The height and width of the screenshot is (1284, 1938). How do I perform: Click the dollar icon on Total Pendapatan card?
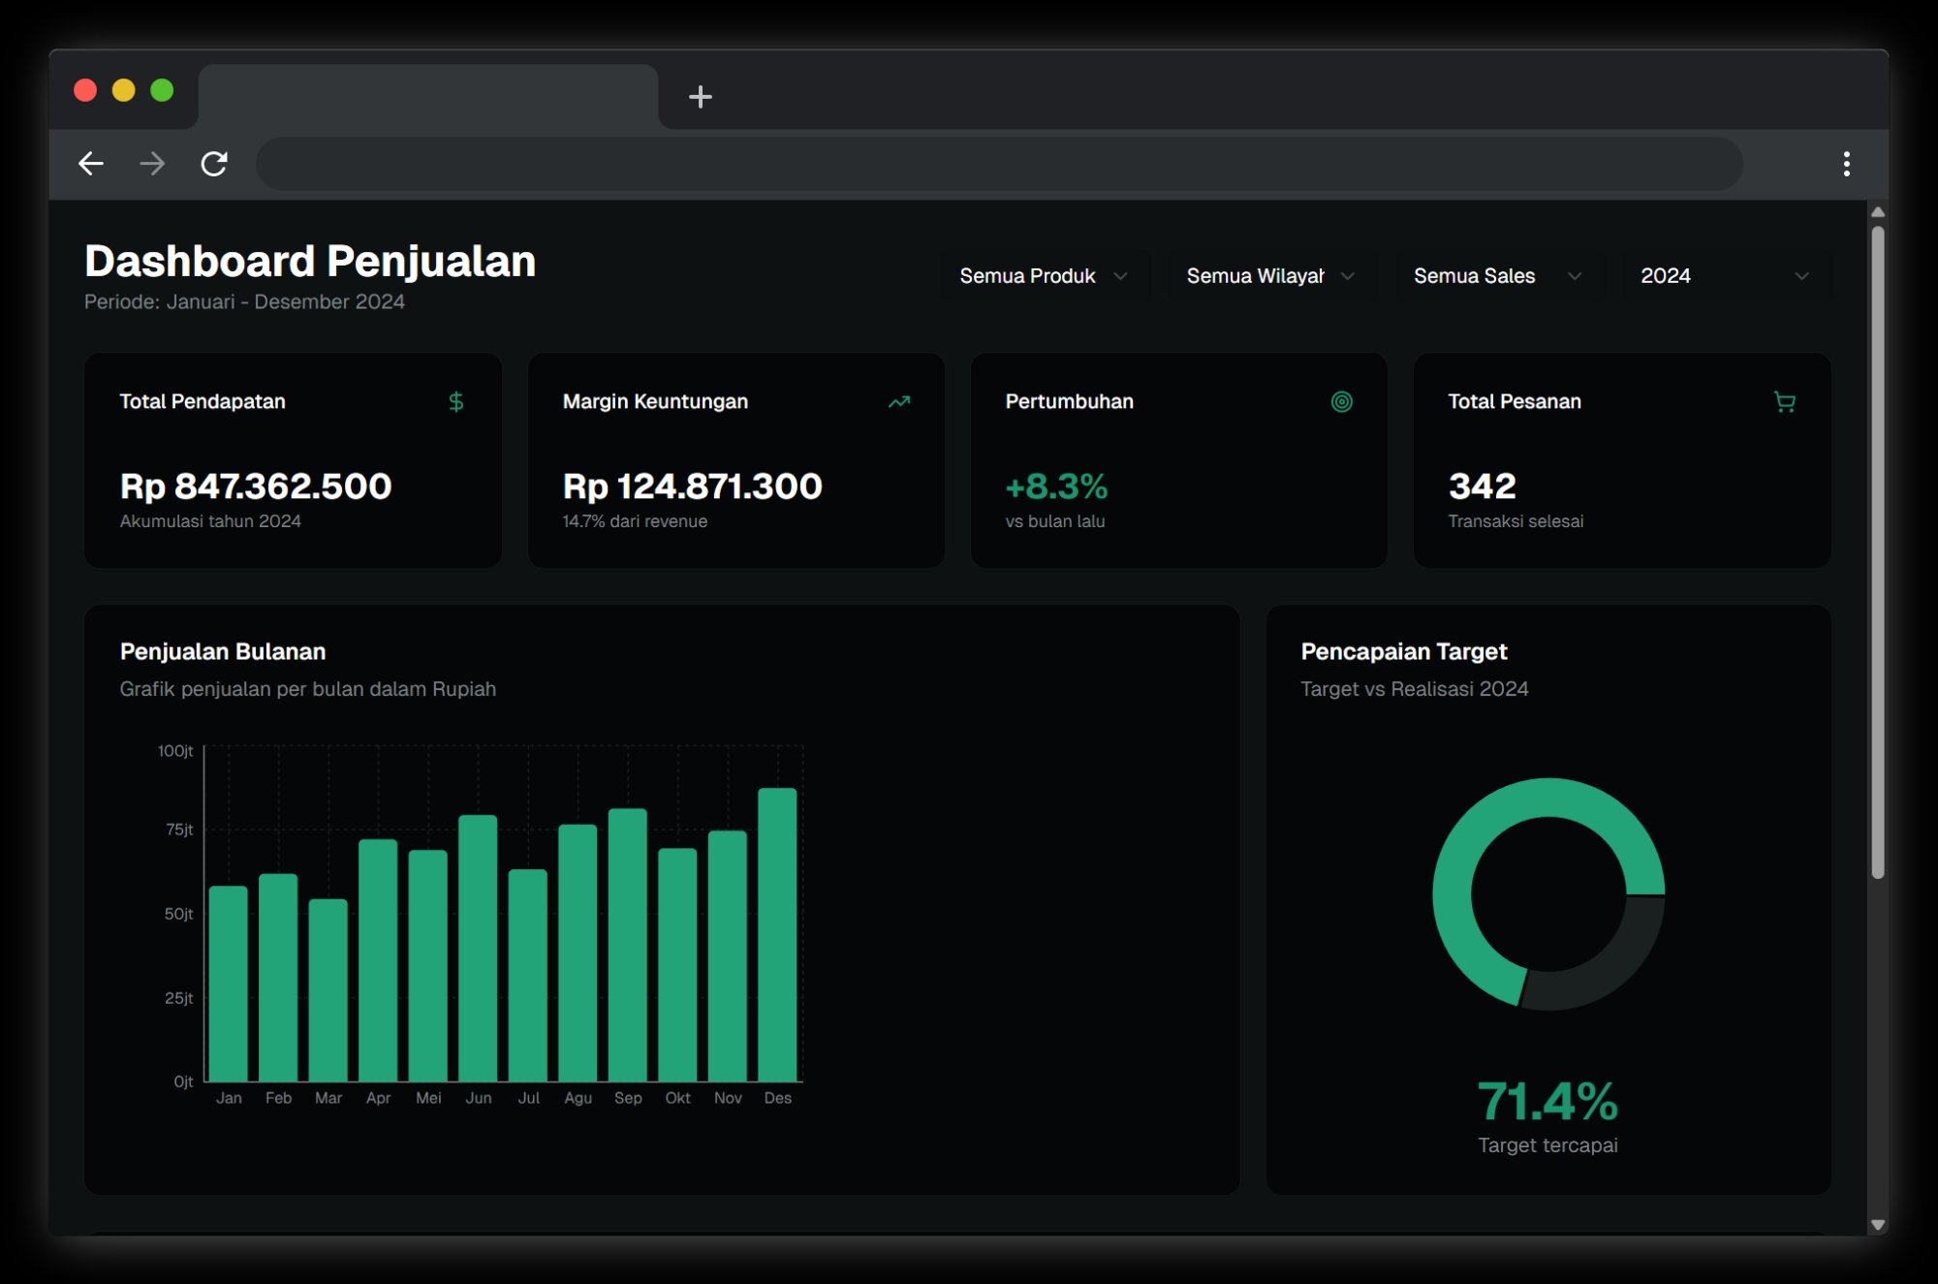[456, 401]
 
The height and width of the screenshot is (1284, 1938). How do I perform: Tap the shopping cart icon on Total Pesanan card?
[1784, 401]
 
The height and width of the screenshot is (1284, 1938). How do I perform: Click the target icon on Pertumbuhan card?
[1341, 401]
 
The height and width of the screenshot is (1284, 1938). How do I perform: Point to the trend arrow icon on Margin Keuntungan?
[899, 401]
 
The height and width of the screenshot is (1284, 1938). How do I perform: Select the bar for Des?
[777, 935]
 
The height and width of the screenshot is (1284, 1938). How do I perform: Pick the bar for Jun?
[478, 949]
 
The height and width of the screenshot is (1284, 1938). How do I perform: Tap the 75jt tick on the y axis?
[179, 830]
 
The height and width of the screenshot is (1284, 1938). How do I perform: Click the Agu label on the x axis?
[578, 1098]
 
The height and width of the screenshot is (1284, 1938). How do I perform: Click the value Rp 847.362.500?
[256, 485]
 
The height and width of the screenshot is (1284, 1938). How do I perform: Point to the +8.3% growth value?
[1056, 485]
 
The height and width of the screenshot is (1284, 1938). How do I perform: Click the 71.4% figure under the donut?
[1547, 1102]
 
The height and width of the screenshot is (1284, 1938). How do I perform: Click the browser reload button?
[214, 164]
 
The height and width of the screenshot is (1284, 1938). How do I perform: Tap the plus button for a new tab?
[700, 97]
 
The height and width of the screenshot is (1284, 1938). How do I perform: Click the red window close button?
[85, 90]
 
